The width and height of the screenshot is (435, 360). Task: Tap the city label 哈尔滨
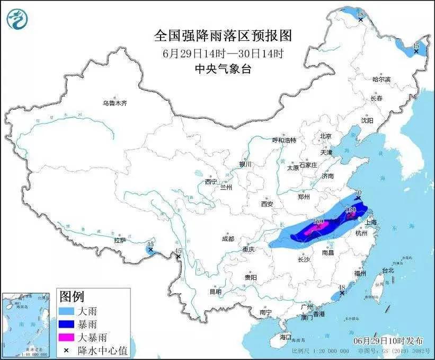pos(381,79)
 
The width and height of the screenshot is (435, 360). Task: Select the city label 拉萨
pos(120,240)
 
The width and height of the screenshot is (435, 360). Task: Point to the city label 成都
pos(228,239)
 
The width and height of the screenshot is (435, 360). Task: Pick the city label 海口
pos(286,337)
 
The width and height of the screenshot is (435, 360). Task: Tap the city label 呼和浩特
pos(284,140)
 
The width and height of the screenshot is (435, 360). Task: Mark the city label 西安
pos(267,204)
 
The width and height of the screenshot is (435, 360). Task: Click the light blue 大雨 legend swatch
pos(68,309)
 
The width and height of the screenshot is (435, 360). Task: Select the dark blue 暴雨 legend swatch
pos(68,322)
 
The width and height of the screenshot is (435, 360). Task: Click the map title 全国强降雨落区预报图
pos(223,36)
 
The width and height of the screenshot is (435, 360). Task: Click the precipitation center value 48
pos(342,288)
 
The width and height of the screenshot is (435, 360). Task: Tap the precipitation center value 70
pos(358,193)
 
